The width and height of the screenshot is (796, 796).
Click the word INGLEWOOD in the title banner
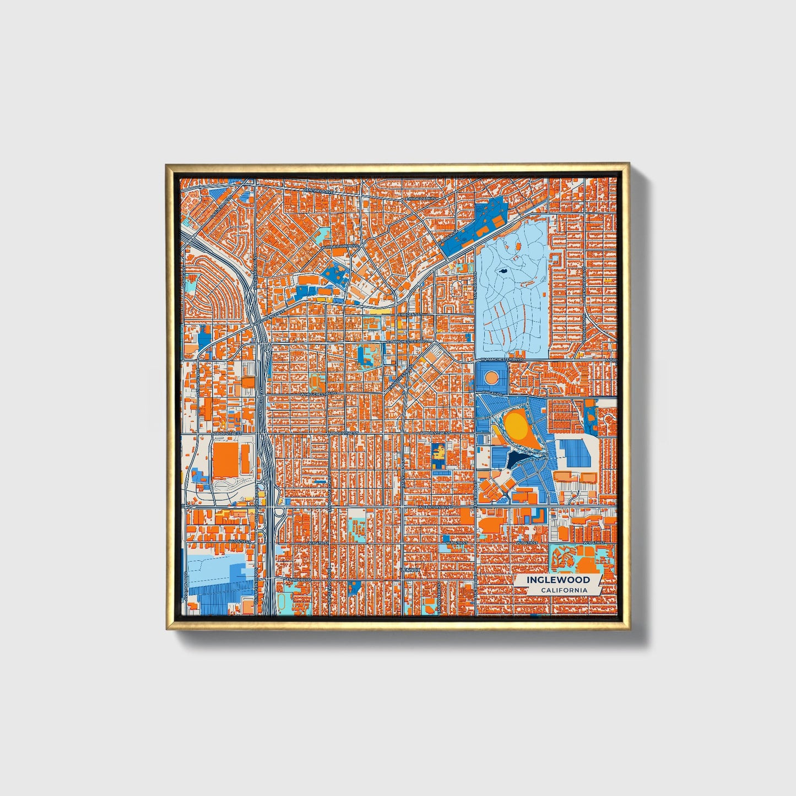(x=558, y=580)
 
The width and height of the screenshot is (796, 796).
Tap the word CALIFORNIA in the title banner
(x=564, y=591)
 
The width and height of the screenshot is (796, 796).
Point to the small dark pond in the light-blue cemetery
(x=503, y=271)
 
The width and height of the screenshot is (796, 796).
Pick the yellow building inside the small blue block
(x=439, y=453)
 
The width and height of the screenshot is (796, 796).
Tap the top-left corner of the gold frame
(x=166, y=164)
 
